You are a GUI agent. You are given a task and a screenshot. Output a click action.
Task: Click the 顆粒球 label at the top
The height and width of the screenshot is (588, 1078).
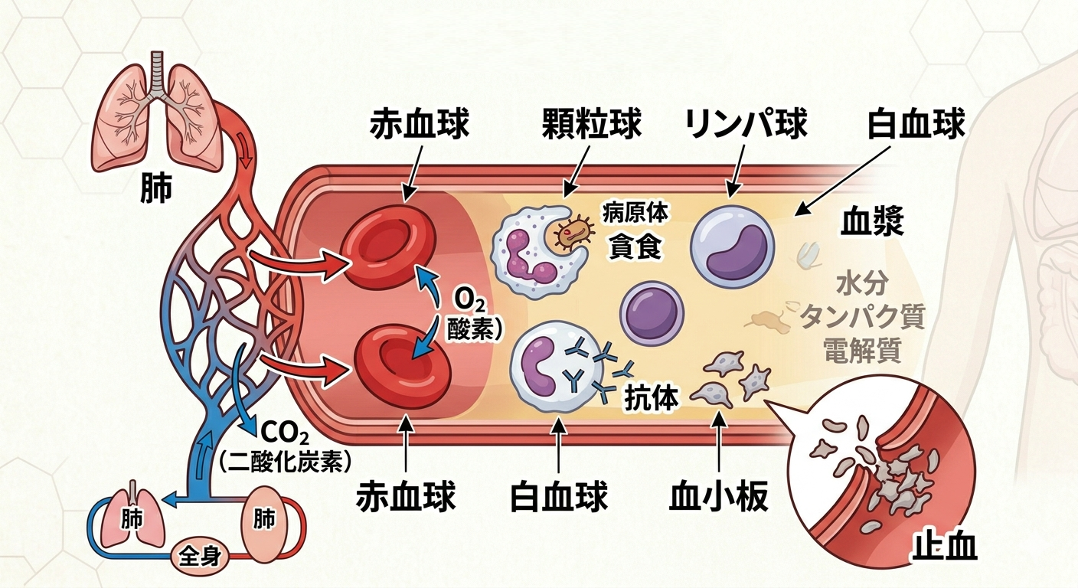(591, 125)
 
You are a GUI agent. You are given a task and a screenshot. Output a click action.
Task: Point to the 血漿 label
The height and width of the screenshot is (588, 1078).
(873, 222)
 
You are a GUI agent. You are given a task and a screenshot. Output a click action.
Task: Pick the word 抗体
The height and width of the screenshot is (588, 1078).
(652, 398)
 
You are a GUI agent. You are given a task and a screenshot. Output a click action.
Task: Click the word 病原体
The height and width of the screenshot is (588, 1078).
(635, 214)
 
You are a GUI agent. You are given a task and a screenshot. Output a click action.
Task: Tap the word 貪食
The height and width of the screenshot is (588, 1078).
(635, 247)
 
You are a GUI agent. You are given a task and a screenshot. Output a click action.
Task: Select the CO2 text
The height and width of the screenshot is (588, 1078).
(284, 433)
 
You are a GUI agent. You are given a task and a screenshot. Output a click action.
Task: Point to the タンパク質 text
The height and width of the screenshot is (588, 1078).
(862, 316)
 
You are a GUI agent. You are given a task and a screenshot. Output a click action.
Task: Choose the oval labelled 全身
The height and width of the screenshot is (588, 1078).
(199, 554)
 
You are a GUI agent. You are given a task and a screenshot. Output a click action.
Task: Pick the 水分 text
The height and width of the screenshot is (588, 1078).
(862, 284)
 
